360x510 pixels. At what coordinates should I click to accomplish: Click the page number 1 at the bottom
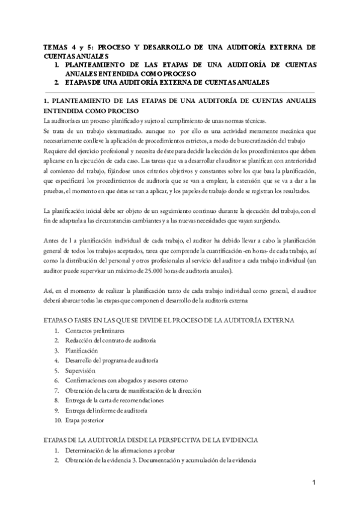pos(314,483)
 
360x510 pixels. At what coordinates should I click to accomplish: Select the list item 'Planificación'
pos(84,350)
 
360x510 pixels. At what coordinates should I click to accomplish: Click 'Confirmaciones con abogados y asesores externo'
pos(127,380)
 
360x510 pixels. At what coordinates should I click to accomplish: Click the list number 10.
pos(58,419)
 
